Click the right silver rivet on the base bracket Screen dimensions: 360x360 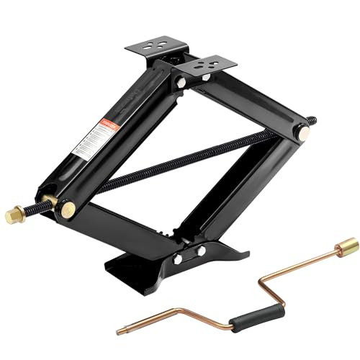click(x=201, y=250)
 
